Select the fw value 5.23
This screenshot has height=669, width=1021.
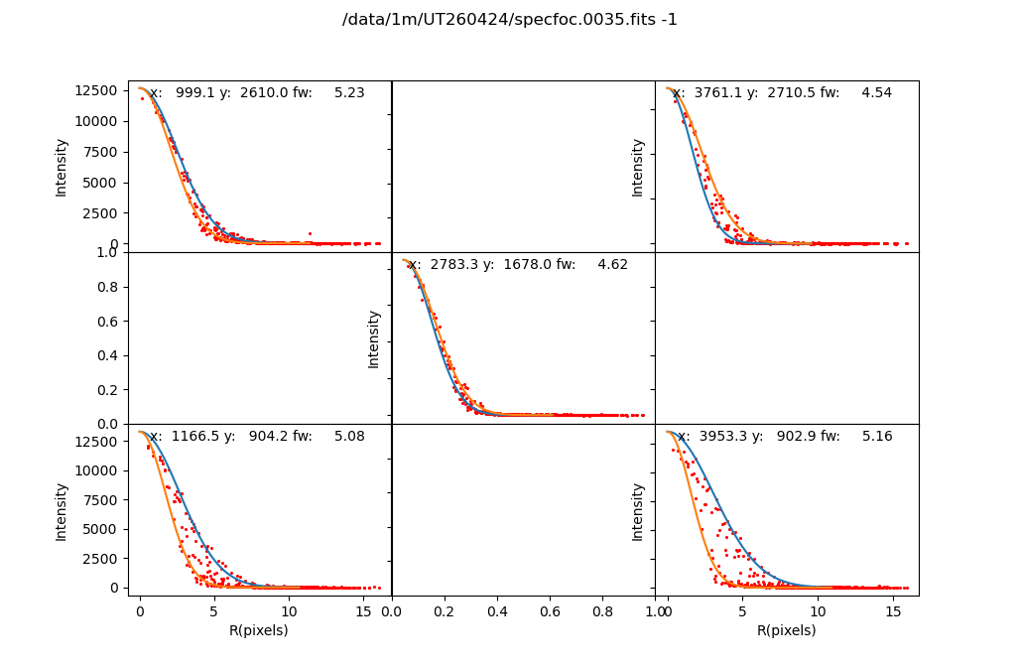(349, 93)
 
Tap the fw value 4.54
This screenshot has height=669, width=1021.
(876, 93)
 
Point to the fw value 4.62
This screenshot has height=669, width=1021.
(612, 265)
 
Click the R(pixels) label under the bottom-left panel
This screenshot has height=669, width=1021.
(259, 630)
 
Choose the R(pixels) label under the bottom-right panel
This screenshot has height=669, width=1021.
(786, 630)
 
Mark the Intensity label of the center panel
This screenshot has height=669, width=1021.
(374, 338)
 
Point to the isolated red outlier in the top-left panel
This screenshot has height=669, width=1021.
(310, 234)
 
